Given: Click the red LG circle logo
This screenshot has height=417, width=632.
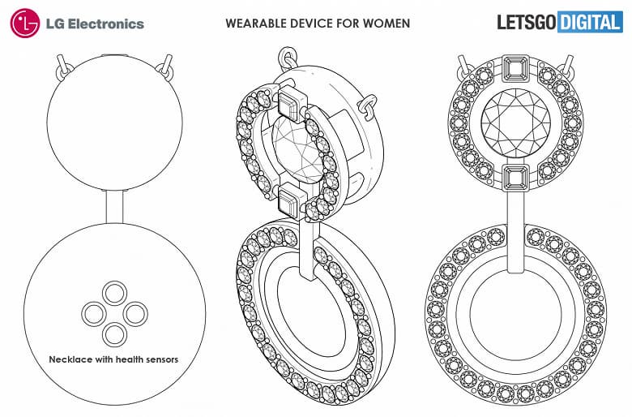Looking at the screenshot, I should (25, 23).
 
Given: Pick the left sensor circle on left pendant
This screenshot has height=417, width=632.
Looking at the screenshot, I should (94, 312).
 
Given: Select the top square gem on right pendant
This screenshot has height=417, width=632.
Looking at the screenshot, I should (515, 67).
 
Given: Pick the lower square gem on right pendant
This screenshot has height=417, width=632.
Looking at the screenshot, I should (515, 176).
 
